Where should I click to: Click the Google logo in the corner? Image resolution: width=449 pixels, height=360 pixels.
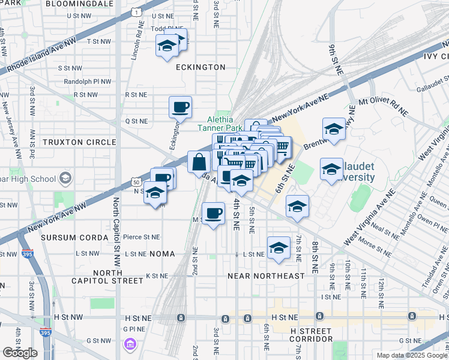[x=20, y=353]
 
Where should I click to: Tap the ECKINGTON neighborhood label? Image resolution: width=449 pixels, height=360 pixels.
[x=200, y=68]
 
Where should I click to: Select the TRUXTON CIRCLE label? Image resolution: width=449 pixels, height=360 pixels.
[x=78, y=142]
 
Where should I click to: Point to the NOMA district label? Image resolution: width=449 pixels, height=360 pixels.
[x=162, y=254]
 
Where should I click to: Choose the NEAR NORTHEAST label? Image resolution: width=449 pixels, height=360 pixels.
[x=266, y=276]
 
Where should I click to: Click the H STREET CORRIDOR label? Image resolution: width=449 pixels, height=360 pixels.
[x=312, y=335]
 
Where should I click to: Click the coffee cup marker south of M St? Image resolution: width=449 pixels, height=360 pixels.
[x=212, y=214]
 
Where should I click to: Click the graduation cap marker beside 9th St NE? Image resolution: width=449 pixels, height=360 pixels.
[x=333, y=128]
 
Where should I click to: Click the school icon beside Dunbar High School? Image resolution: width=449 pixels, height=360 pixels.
[x=65, y=179]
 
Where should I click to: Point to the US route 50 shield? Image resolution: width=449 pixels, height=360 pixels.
[x=136, y=182]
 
